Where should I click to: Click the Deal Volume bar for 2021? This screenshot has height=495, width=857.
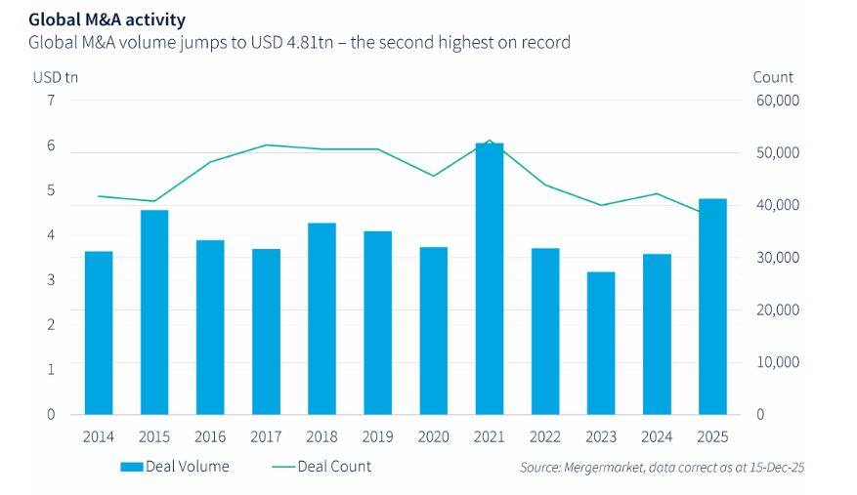click(490, 278)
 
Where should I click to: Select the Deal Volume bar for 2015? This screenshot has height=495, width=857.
click(154, 311)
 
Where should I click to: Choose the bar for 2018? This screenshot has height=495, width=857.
click(321, 318)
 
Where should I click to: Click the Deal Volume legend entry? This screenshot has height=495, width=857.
click(175, 467)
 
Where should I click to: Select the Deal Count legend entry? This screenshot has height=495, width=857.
click(321, 467)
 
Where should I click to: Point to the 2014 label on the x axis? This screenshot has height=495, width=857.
click(98, 436)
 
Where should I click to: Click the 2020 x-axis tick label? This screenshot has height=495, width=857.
click(433, 436)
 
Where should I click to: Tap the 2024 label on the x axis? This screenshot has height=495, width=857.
click(657, 436)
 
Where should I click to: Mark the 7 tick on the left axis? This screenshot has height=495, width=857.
click(51, 101)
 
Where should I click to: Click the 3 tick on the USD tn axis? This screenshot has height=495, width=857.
click(51, 280)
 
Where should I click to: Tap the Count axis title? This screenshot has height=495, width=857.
click(773, 77)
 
